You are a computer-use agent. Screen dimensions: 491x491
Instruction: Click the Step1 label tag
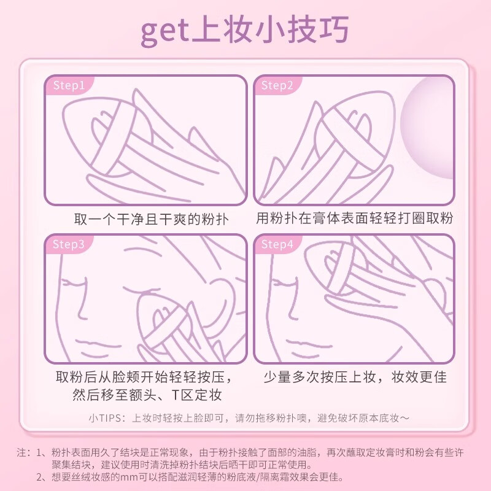pos(69,85)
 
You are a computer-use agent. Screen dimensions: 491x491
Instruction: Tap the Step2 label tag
pos(277,85)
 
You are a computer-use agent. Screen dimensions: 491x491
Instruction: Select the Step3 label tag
pos(69,244)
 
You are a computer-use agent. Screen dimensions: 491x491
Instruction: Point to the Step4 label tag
pos(277,244)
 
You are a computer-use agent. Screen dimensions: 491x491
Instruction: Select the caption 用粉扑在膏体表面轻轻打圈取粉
pos(354,219)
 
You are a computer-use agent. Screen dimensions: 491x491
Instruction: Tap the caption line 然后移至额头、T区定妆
pos(147,395)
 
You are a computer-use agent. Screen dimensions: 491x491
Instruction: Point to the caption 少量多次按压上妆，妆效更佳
pos(355,376)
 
